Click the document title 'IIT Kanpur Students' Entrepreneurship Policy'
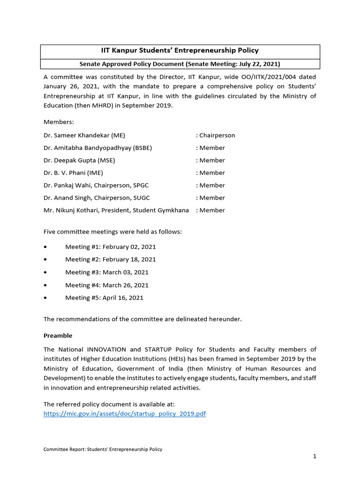click(180, 51)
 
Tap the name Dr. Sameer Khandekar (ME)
click(84, 135)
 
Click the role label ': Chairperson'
click(216, 135)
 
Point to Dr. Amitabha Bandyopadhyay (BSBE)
click(97, 148)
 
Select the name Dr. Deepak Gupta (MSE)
click(79, 160)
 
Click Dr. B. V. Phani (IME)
click(71, 173)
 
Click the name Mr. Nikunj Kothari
click(71, 210)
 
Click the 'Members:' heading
click(59, 122)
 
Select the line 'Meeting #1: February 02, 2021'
click(111, 247)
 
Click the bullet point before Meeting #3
click(45, 272)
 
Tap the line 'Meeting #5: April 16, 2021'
click(104, 298)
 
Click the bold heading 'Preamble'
click(58, 336)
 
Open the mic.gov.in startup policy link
click(125, 414)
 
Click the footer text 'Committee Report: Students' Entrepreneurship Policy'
click(103, 449)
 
